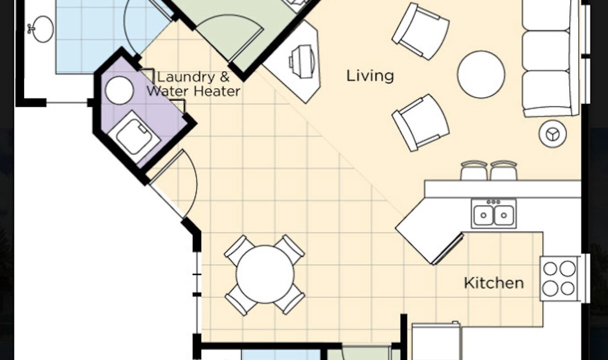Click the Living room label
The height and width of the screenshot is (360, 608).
[x=370, y=75]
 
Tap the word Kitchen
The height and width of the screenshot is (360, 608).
[x=494, y=283]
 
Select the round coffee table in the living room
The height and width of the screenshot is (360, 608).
[x=481, y=74]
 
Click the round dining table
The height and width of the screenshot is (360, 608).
[x=265, y=274]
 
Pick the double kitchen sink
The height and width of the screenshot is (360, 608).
[x=494, y=213]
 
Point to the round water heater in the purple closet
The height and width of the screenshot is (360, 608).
[x=119, y=90]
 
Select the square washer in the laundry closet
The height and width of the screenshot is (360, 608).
[x=134, y=136]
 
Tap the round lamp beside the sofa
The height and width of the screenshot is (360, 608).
[x=552, y=134]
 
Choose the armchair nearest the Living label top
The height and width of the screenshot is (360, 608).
[x=420, y=31]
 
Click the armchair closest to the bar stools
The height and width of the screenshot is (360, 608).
[x=420, y=123]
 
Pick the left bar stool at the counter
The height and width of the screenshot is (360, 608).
[x=474, y=170]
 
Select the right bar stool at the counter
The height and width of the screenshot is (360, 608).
[x=503, y=170]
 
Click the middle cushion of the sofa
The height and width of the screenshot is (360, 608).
[x=546, y=51]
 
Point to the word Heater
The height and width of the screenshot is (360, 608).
[x=217, y=91]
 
